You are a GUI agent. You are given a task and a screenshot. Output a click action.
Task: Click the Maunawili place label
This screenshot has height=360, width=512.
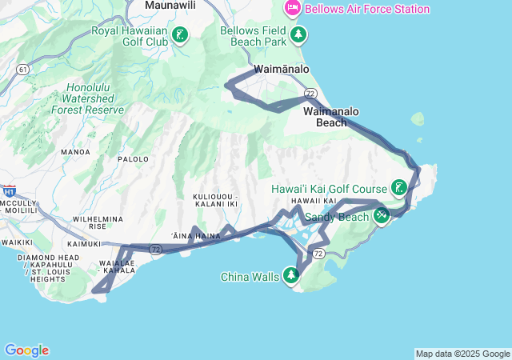click(x=171, y=6)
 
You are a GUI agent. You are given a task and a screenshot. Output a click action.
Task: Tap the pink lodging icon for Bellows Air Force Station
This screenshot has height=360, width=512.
click(x=293, y=9)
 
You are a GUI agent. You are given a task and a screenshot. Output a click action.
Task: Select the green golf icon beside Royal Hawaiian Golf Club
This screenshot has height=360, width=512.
click(x=180, y=36)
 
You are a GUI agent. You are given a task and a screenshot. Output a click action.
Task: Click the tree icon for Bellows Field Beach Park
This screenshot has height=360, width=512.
click(x=298, y=34)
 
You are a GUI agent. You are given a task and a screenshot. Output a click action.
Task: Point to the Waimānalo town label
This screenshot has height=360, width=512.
click(x=282, y=70)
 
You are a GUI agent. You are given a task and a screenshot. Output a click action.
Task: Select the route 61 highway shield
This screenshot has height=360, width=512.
click(x=22, y=70)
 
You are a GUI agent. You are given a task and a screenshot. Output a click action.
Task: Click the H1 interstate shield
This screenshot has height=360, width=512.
click(x=10, y=192)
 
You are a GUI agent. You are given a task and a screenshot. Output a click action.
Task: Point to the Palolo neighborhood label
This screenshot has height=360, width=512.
click(x=134, y=159)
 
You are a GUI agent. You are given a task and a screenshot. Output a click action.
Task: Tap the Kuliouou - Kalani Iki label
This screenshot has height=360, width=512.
click(x=216, y=200)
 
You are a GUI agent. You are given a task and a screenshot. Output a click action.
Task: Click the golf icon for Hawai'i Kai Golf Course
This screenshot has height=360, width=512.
click(x=399, y=189)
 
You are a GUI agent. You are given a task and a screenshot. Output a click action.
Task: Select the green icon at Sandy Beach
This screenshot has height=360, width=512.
click(x=382, y=215)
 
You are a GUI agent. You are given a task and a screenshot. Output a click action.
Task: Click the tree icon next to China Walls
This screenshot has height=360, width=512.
click(x=290, y=277)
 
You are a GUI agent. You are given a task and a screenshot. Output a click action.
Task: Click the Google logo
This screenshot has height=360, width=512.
click(x=26, y=350)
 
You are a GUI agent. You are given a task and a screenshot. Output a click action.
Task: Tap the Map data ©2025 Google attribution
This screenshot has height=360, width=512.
click(x=462, y=354)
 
